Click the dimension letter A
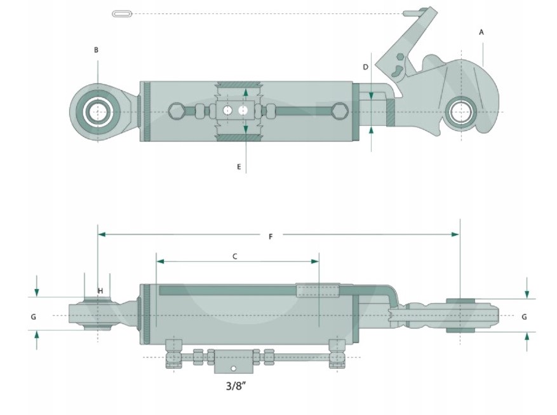coord(481,32)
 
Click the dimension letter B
coord(96,50)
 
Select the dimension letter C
coord(234,256)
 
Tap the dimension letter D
coord(365,67)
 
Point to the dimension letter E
coord(239,167)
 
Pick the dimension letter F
coord(271,236)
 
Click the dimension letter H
coord(100,290)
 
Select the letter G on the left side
coord(33,316)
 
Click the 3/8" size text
coord(236,386)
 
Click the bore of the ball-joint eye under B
coord(97,112)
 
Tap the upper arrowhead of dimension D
coord(371,96)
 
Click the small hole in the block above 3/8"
coord(233,369)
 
